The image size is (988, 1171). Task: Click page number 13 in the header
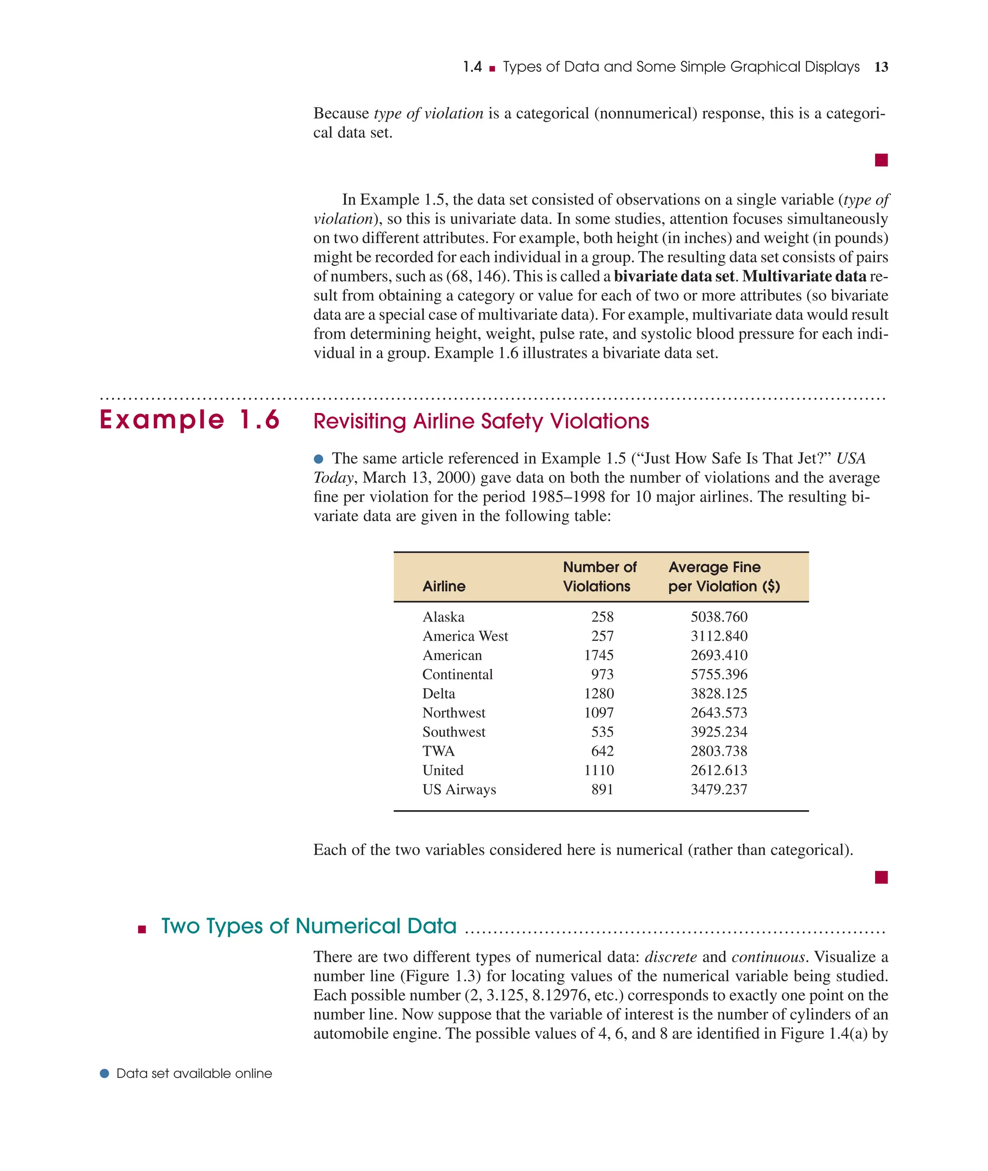[x=881, y=67]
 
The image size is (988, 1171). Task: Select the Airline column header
[x=444, y=586]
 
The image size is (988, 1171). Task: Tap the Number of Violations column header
[x=599, y=577]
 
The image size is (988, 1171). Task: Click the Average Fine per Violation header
[x=723, y=577]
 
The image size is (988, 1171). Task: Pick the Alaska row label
[x=443, y=617]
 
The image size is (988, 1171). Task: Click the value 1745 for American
[x=599, y=655]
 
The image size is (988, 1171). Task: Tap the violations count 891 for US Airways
[x=602, y=790]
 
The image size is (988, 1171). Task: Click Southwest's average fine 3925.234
[x=719, y=732]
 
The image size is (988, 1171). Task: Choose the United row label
[x=442, y=771]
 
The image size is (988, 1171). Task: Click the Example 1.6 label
[x=189, y=420]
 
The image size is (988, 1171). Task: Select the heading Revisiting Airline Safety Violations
[x=481, y=421]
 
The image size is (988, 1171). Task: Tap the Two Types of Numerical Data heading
[x=309, y=926]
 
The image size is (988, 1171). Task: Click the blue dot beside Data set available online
[x=104, y=1074]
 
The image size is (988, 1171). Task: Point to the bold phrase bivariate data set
[x=674, y=276]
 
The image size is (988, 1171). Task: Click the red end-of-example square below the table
[x=881, y=878]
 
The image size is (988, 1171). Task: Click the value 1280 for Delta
[x=599, y=694]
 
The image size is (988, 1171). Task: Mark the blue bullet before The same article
[x=319, y=459]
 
